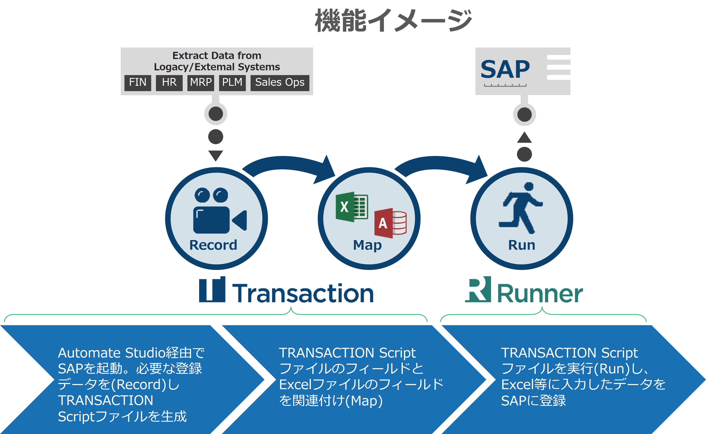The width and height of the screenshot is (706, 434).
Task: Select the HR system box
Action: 169,83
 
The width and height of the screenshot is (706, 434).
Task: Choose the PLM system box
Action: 232,83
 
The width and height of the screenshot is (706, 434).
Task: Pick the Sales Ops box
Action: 280,83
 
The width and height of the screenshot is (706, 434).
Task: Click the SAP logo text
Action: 505,70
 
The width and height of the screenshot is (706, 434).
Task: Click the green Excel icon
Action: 352,207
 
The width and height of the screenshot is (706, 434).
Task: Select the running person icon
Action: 521,208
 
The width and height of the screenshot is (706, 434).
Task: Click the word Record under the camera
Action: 213,245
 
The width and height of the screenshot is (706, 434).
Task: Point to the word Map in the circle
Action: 367,245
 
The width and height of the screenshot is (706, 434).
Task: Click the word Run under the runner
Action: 521,245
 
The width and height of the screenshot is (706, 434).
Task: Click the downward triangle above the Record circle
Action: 216,155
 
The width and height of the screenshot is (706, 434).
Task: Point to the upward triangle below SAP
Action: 524,138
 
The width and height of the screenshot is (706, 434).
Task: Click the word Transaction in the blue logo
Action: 303,293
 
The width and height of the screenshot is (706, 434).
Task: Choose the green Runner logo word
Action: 540,293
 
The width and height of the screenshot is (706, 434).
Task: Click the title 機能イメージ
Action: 393,20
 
